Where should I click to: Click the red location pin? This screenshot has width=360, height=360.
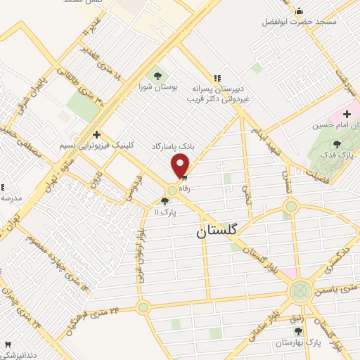click(181, 165)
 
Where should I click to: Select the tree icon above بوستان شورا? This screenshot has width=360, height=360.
click(157, 75)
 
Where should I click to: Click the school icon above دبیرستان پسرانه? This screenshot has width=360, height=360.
click(217, 77)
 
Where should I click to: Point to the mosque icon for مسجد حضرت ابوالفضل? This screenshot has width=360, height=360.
click(299, 11)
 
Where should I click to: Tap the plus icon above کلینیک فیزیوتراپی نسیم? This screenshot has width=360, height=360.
click(96, 134)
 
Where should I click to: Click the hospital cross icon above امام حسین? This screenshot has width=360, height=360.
click(347, 114)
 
